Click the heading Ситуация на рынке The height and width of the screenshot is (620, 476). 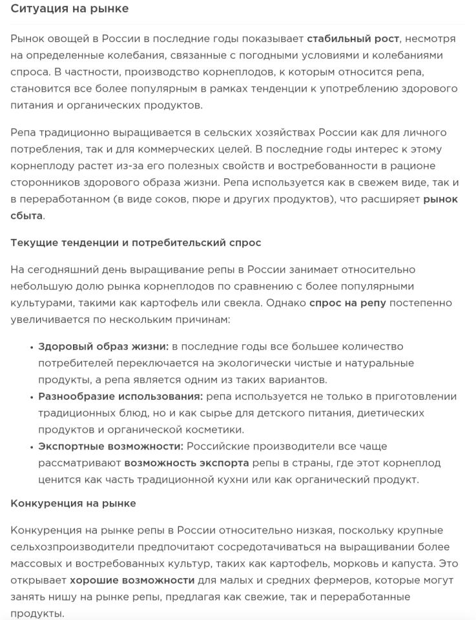[x=70, y=8]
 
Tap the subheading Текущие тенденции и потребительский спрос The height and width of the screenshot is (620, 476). [x=136, y=243]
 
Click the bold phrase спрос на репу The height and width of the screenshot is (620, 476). [x=347, y=303]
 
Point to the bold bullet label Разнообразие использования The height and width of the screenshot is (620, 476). [x=120, y=397]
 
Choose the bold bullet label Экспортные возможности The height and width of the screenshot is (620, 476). [x=110, y=446]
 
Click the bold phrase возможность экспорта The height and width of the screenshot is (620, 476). [x=187, y=463]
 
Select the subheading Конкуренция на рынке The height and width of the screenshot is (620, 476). [x=73, y=503]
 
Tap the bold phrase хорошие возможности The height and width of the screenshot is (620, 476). [x=132, y=580]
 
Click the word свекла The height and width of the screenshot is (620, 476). [x=270, y=303]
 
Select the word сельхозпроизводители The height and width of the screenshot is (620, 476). [x=67, y=546]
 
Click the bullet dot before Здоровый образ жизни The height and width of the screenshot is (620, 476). [x=31, y=347]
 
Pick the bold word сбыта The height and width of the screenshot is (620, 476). [x=26, y=216]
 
